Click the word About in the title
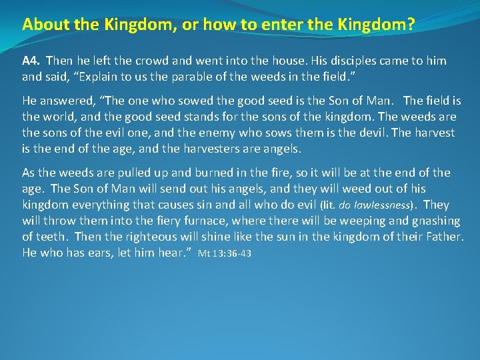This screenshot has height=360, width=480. tap(41, 25)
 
